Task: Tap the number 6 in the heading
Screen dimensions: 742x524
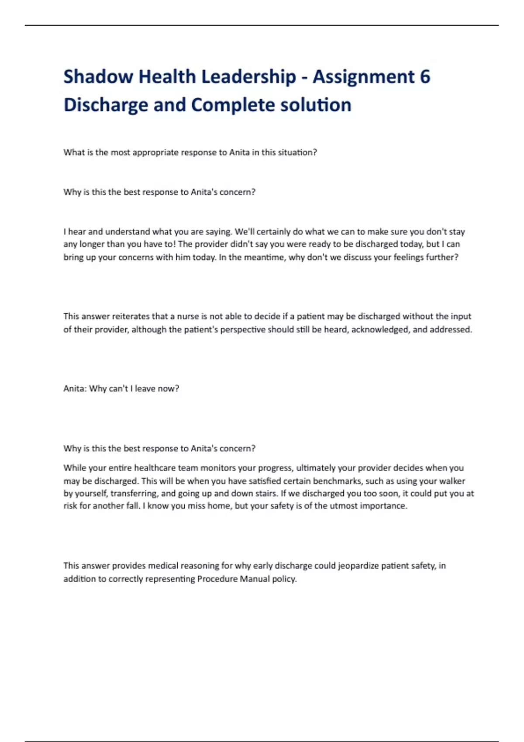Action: click(424, 77)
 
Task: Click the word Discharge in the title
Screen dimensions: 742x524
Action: click(106, 105)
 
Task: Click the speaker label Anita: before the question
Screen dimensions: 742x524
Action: click(75, 388)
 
